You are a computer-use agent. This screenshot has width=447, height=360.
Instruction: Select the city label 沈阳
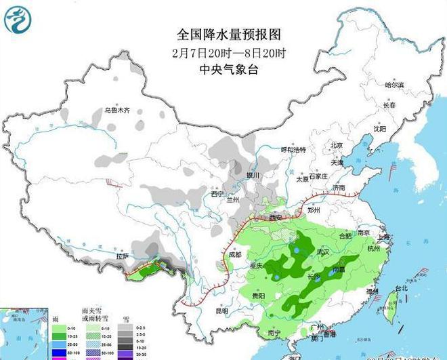pos(379,128)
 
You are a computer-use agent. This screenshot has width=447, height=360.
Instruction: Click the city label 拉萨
pos(122,256)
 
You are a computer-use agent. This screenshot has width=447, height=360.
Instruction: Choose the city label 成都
pos(234,255)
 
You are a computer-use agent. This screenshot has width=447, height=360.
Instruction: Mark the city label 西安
pos(275,218)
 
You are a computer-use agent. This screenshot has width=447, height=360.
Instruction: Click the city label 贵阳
pos(257,296)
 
